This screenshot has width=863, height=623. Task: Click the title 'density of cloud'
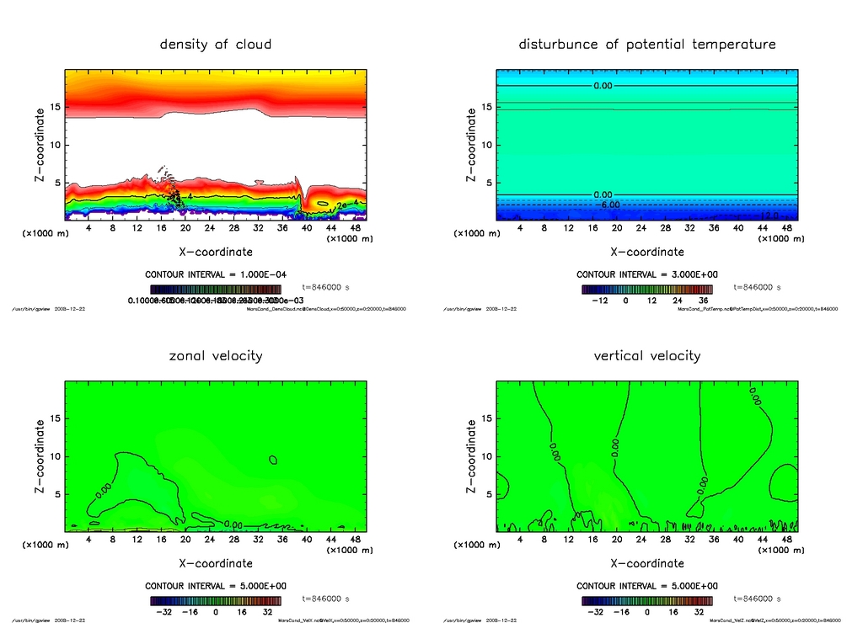[x=216, y=44]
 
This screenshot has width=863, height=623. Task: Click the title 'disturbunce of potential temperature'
[x=647, y=44]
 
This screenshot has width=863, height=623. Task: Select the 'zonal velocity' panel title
[x=216, y=355]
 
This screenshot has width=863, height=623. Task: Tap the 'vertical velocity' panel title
[x=647, y=355]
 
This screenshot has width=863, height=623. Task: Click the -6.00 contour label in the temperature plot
[x=608, y=205]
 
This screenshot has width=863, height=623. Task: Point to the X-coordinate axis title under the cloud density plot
[x=216, y=252]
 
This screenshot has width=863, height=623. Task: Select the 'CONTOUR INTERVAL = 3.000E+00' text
[x=647, y=274]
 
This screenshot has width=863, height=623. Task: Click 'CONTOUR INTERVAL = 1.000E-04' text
[x=216, y=274]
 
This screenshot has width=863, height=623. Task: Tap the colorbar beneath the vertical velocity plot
[x=647, y=601]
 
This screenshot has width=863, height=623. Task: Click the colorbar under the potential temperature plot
[x=647, y=289]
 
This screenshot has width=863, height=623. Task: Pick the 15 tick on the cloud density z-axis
[x=56, y=107]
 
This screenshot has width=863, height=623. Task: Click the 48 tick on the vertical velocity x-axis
[x=787, y=539]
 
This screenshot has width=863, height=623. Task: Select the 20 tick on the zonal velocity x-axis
[x=185, y=539]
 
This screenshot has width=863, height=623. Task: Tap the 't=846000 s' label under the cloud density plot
[x=325, y=287]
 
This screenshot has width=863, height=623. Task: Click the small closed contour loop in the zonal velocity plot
[x=273, y=460]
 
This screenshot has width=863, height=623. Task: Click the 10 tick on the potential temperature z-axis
[x=487, y=145]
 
